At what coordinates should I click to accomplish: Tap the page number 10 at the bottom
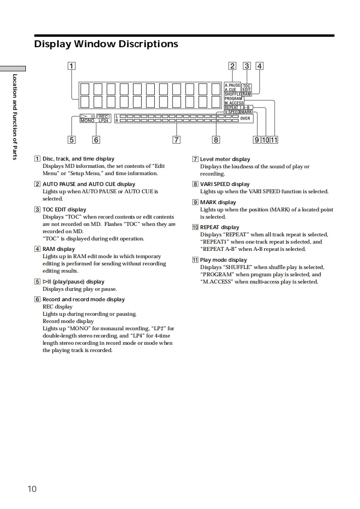click(x=32, y=489)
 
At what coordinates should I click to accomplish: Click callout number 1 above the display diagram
click(x=71, y=66)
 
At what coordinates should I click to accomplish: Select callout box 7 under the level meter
click(x=177, y=140)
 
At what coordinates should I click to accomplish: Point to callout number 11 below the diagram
click(x=274, y=140)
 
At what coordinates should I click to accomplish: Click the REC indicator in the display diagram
click(x=104, y=116)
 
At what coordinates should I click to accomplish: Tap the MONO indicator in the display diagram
click(x=87, y=121)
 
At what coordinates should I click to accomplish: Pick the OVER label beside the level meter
click(x=245, y=118)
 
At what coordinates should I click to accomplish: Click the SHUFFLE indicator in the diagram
click(x=232, y=94)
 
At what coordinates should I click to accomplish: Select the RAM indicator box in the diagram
click(x=247, y=94)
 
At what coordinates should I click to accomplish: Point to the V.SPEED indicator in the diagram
click(x=232, y=112)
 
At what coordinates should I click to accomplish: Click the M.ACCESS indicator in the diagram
click(x=234, y=103)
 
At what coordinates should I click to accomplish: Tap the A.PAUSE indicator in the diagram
click(x=232, y=85)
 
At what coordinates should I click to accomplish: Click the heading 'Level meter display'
click(x=225, y=159)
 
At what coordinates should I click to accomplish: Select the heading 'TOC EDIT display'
click(x=64, y=210)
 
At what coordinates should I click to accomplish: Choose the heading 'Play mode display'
click(x=223, y=260)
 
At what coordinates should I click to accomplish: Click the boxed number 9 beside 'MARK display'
click(x=195, y=202)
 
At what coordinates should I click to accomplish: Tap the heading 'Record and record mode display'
click(x=84, y=299)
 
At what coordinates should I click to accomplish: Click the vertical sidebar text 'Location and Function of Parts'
click(x=15, y=117)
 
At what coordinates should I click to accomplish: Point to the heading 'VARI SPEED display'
click(x=225, y=184)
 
